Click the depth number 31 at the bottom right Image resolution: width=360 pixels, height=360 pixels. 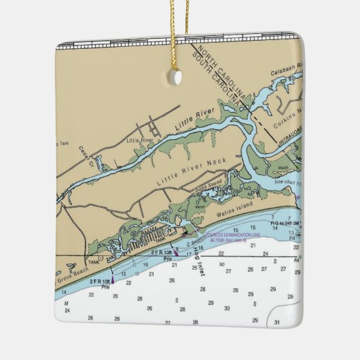click(x=277, y=321)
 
